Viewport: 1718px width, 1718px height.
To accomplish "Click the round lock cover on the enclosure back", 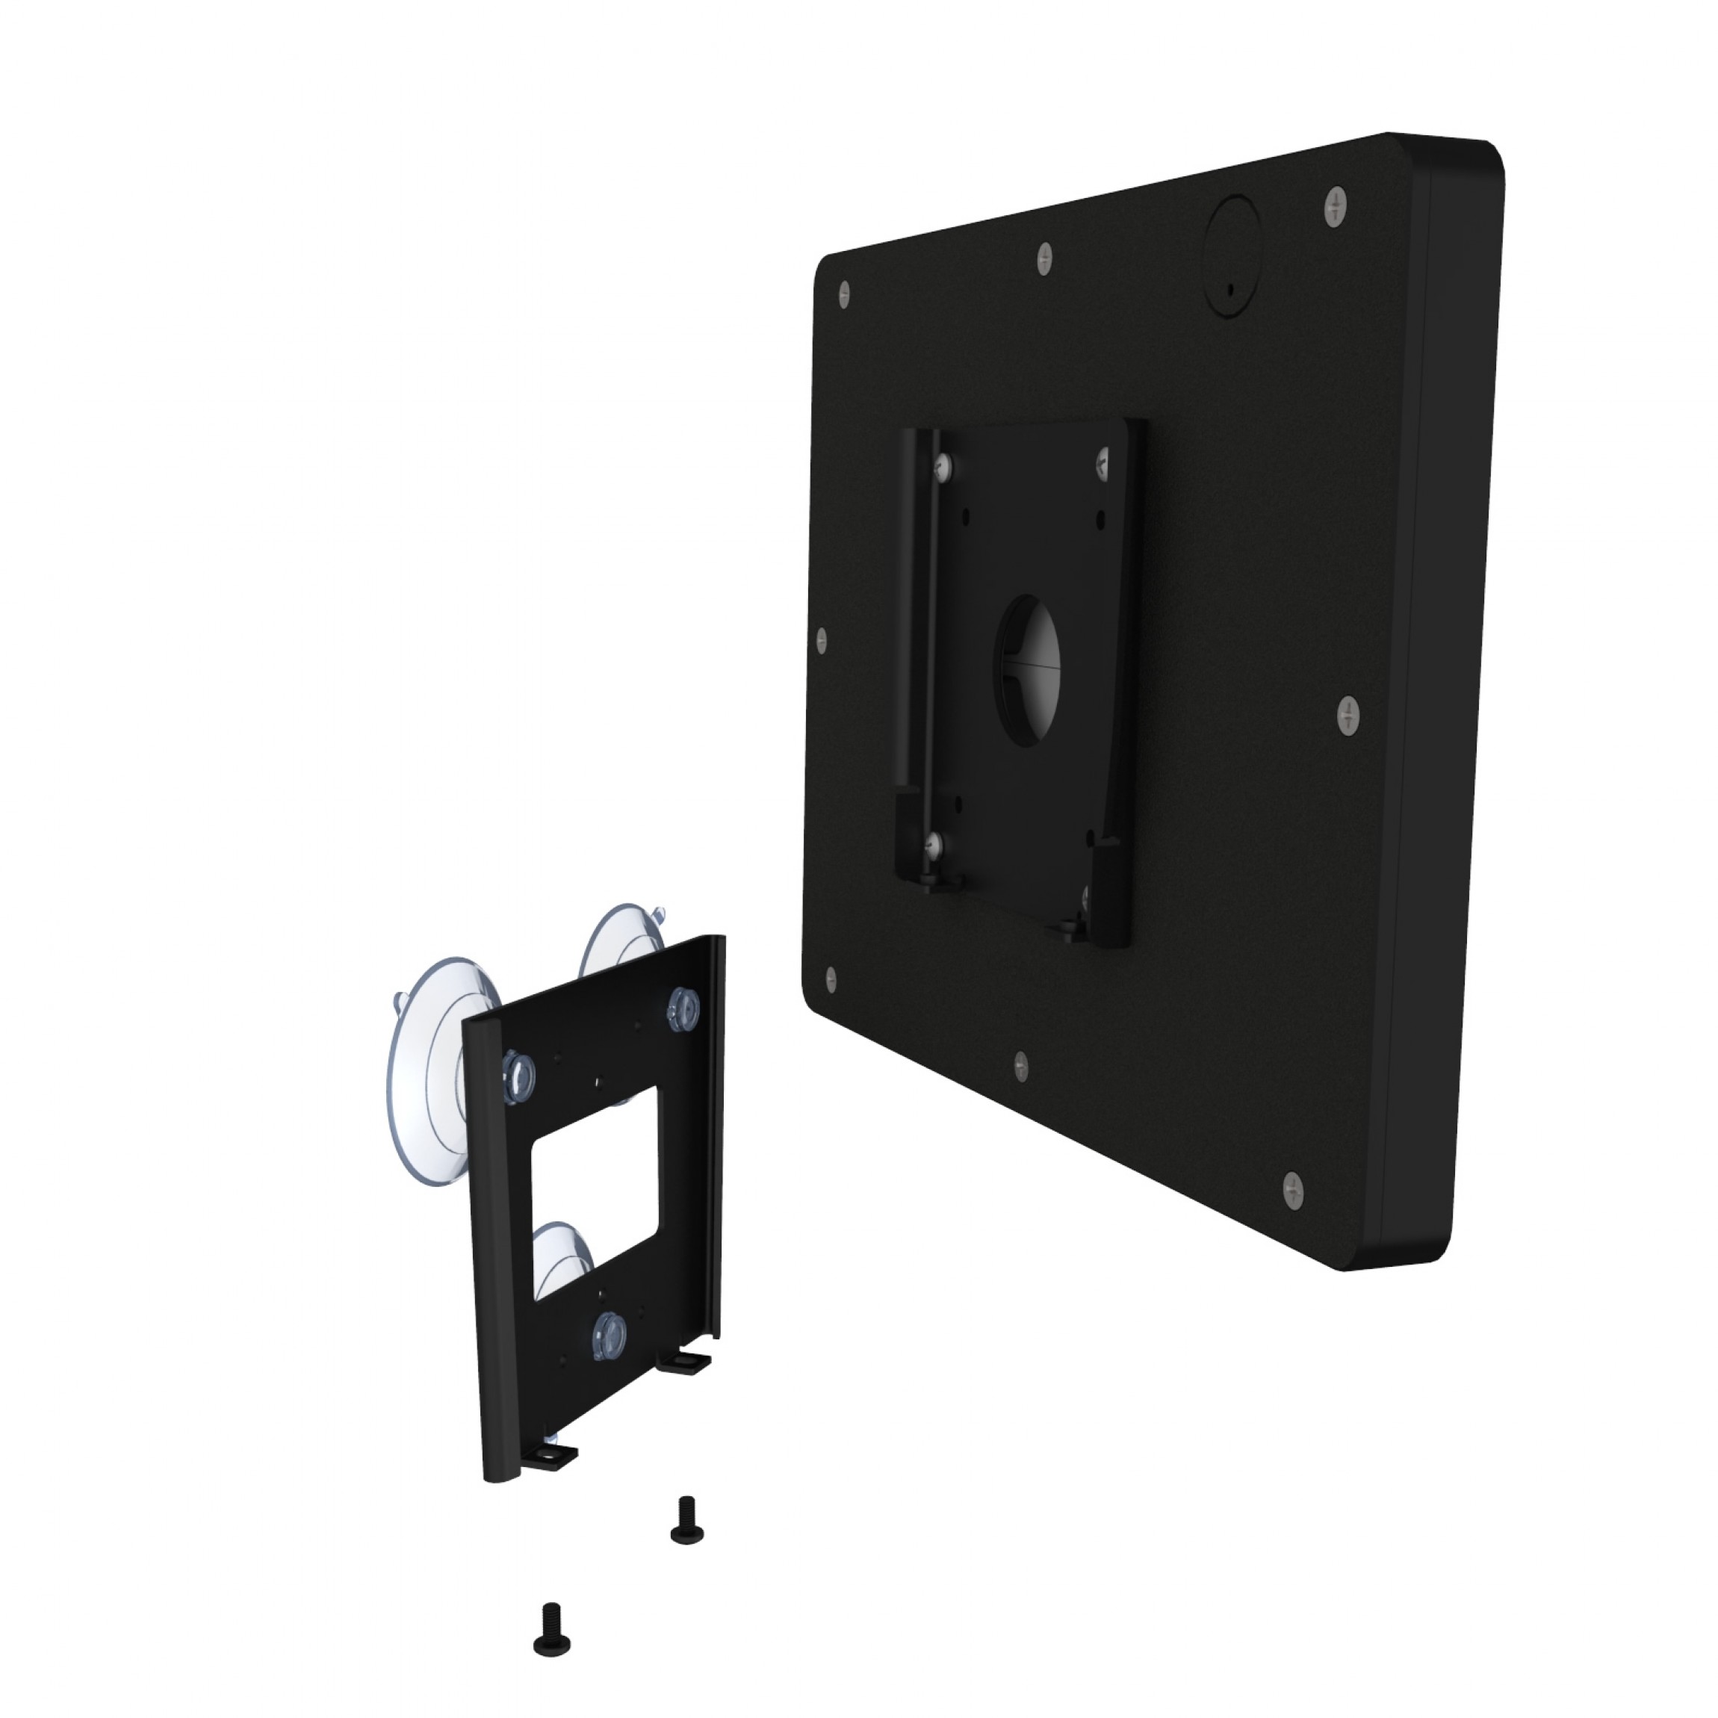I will (x=1231, y=255).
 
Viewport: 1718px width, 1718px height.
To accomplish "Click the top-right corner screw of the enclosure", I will (x=1335, y=207).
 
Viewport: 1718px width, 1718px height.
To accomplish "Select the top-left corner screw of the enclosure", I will (x=844, y=294).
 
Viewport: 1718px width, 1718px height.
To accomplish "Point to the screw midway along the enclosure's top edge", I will (x=1045, y=258).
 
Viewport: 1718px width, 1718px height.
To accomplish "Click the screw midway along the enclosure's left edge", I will (x=822, y=639).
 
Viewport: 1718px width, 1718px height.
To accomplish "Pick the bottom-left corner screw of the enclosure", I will (x=831, y=980).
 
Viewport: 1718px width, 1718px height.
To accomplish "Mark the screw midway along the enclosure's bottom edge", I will (x=1021, y=1065).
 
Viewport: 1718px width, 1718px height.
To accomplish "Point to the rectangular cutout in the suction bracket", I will (x=594, y=1189).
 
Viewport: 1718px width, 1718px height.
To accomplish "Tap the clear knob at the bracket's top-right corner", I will (x=683, y=1008).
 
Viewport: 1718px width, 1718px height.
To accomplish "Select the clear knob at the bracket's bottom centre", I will (x=609, y=1334).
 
